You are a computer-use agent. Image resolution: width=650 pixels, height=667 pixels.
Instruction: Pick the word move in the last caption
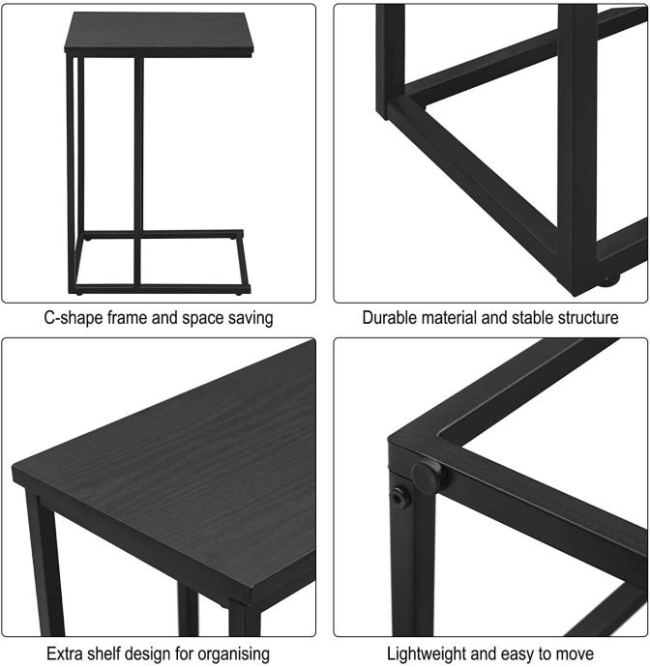(x=576, y=653)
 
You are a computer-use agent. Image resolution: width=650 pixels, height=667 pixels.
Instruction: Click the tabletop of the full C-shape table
(x=159, y=33)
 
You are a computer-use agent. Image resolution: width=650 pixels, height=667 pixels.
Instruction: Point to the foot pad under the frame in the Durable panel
(x=610, y=280)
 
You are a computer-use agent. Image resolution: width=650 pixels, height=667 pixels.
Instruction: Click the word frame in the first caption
(x=127, y=318)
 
